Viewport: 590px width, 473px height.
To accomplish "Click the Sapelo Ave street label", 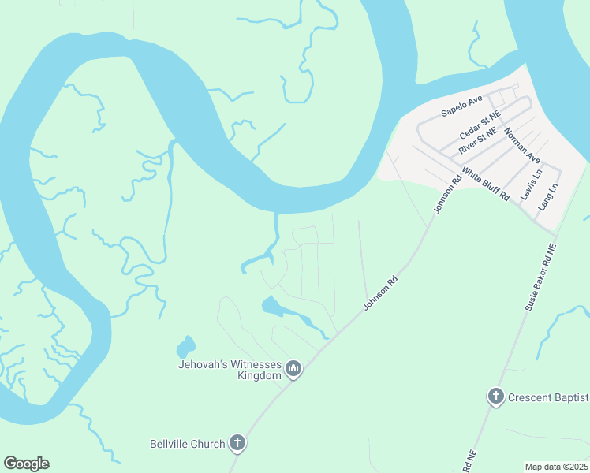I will (x=461, y=106).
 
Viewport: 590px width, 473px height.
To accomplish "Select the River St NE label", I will (x=478, y=140).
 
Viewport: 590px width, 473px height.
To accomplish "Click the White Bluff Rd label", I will (x=485, y=184).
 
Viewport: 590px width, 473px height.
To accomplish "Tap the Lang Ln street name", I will (x=547, y=196).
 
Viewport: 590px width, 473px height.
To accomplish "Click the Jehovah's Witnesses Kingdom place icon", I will (x=293, y=369).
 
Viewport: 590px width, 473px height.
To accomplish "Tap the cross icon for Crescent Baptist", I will (x=495, y=397).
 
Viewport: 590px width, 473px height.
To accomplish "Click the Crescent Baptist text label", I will (x=549, y=397).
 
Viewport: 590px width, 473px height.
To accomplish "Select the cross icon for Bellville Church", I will (x=237, y=443).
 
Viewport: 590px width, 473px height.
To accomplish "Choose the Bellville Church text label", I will (x=188, y=444).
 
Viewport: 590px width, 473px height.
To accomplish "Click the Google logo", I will (x=26, y=464).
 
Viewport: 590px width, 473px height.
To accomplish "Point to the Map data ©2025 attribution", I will (x=557, y=467).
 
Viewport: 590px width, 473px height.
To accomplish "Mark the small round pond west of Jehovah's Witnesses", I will (x=185, y=346).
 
